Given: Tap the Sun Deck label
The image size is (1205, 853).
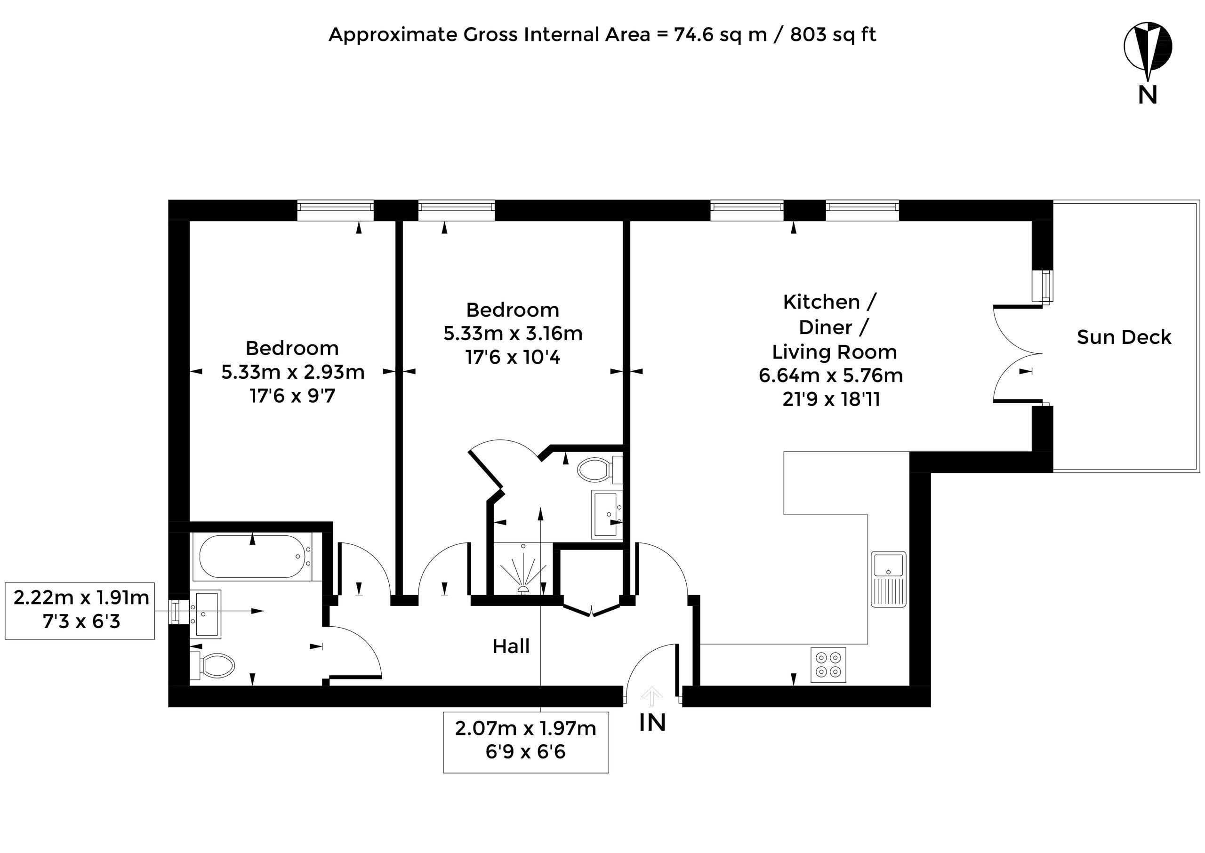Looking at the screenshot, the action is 1124,337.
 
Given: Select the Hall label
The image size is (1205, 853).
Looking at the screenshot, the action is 511,646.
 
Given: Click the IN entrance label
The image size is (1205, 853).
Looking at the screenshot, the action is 652,723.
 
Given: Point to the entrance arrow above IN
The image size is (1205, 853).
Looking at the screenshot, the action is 652,696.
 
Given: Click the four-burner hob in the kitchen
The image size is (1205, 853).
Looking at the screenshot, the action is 828,665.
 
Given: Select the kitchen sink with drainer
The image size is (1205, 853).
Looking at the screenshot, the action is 889,579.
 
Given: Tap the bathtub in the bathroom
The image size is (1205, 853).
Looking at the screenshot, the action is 252,557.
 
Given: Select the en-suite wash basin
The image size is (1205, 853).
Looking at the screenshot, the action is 607,515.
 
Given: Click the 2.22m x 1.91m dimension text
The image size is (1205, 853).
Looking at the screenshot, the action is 81,598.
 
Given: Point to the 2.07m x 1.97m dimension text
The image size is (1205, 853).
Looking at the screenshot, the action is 525,728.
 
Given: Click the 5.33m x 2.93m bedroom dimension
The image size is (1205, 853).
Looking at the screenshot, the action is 293,372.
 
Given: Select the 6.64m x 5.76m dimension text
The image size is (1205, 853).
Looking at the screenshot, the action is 831,375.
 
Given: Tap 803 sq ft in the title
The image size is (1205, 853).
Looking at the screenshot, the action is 833,35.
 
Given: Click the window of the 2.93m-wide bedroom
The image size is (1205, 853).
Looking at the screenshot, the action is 335,211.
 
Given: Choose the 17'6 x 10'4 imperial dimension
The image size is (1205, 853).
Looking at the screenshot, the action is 513,358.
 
